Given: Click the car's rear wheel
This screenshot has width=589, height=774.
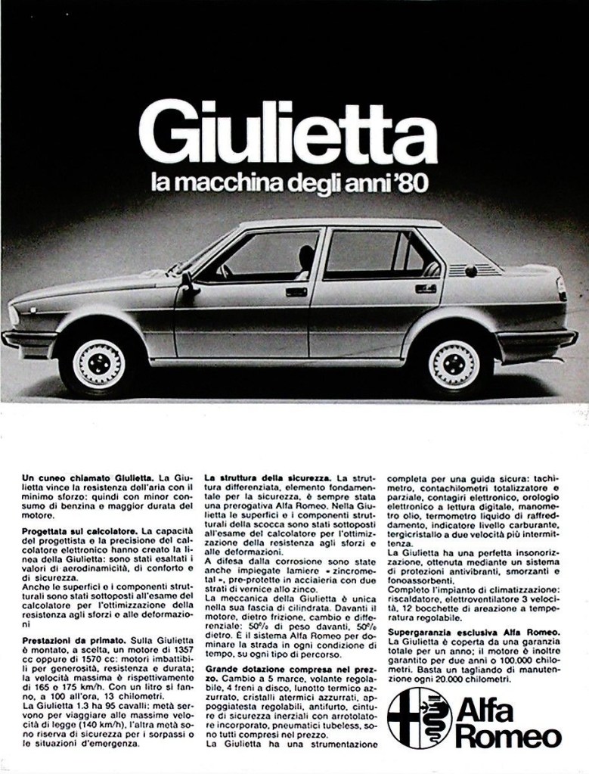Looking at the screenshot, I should pyautogui.click(x=454, y=364).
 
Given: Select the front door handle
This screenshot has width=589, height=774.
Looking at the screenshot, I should pyautogui.click(x=296, y=291).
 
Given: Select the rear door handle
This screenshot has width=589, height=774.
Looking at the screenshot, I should pyautogui.click(x=426, y=288).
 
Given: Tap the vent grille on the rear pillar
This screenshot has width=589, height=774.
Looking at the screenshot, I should pyautogui.click(x=473, y=269).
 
